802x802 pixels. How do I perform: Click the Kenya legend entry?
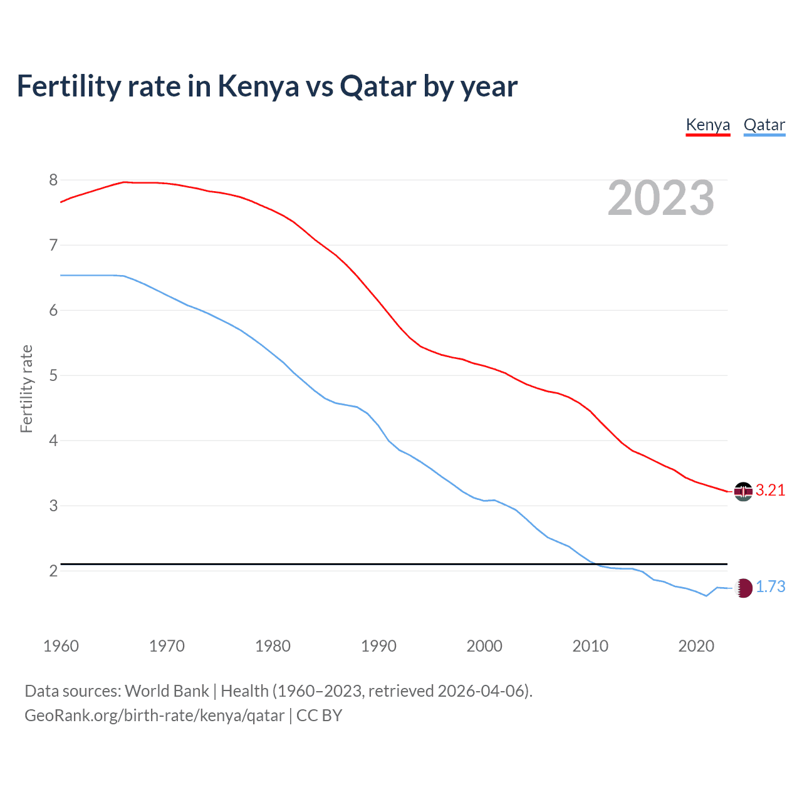click(x=708, y=125)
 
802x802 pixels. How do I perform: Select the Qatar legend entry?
click(x=764, y=125)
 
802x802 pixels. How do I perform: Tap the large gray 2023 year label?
click(x=660, y=198)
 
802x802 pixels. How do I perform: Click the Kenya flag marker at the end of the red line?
click(x=743, y=491)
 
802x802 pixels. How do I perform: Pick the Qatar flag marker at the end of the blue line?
click(x=743, y=588)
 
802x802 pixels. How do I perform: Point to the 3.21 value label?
click(x=770, y=491)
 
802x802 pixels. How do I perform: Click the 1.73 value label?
click(x=770, y=587)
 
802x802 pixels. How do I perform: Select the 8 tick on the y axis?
click(x=53, y=180)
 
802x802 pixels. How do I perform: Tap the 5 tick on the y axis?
click(x=53, y=376)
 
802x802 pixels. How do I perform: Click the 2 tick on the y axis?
click(x=53, y=571)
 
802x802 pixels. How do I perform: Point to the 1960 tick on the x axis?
click(x=61, y=646)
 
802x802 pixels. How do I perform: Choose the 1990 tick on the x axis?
click(x=378, y=646)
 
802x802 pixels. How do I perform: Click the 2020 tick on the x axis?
click(x=696, y=646)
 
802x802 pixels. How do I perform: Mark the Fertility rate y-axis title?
click(x=26, y=388)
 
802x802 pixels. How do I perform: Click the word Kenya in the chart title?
click(x=258, y=86)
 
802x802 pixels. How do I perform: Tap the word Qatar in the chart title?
click(x=378, y=86)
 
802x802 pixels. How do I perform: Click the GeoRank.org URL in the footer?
click(x=154, y=716)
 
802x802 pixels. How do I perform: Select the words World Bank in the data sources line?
click(x=167, y=691)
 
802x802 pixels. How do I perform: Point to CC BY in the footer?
click(x=319, y=716)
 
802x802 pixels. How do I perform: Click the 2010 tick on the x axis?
click(x=590, y=646)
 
